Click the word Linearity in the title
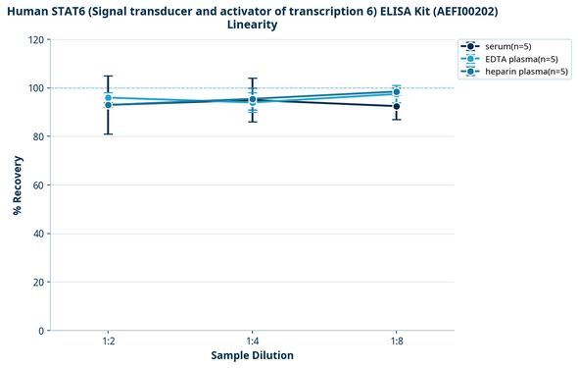[252, 25]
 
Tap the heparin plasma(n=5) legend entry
[520, 72]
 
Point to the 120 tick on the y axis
[35, 40]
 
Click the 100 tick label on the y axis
[35, 88]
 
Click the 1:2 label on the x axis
[108, 341]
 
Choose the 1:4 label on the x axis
[252, 341]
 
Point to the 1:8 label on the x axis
[397, 341]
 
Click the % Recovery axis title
[17, 185]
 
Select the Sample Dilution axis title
[252, 355]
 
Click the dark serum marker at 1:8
[397, 106]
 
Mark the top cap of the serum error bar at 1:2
[108, 76]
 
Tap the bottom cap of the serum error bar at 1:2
[108, 133]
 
